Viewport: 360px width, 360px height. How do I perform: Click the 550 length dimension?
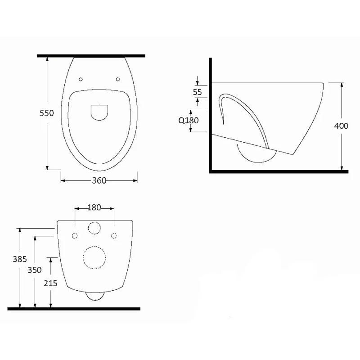pos(47,113)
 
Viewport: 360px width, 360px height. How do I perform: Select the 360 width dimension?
pos(99,180)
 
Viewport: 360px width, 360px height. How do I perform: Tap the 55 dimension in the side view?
pos(197,92)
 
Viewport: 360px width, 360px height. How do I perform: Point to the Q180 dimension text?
pos(189,120)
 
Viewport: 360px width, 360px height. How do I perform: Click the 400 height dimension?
pos(341,126)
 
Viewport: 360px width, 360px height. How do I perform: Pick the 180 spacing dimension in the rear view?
pos(94,207)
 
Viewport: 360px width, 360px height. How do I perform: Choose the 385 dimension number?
pos(20,259)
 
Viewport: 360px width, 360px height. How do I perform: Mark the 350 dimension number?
pos(35,270)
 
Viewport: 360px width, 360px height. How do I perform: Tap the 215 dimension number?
pos(50,283)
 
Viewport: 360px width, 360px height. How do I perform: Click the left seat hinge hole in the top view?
pos(81,80)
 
